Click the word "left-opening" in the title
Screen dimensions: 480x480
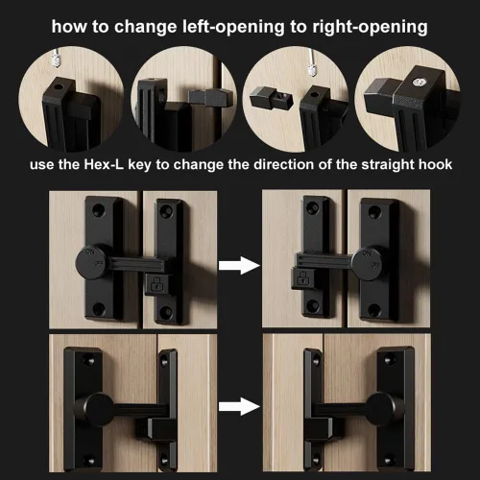click(233, 27)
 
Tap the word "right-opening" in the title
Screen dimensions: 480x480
click(370, 27)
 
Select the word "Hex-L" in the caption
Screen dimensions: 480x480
click(104, 164)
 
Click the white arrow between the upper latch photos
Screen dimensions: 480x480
click(239, 265)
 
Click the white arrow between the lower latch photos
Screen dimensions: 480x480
click(239, 406)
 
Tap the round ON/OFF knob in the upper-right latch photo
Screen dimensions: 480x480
click(368, 264)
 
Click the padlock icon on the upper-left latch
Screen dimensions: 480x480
click(156, 284)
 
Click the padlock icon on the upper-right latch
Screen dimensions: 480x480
click(301, 278)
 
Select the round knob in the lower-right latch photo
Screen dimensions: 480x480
click(382, 409)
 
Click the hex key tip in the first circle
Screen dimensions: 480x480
click(56, 60)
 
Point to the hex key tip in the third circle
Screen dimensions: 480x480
click(312, 69)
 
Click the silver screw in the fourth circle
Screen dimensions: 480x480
click(420, 83)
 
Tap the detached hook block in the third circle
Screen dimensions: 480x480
click(271, 97)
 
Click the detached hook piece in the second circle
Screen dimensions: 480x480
click(210, 98)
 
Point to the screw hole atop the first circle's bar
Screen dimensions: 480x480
click(59, 86)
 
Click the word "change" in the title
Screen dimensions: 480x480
click(145, 27)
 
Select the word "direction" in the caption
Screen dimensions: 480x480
click(284, 164)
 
